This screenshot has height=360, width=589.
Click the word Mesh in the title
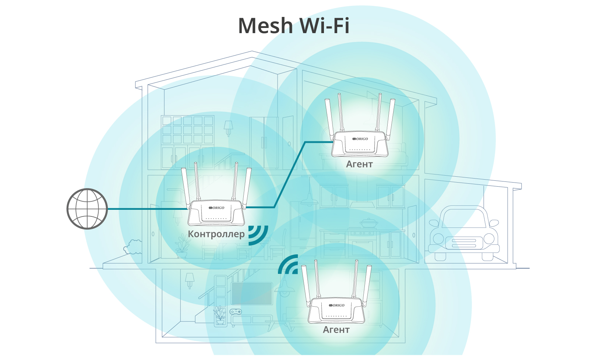coord(265,26)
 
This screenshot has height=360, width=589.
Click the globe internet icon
coord(87,209)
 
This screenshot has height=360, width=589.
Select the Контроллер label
coord(216,234)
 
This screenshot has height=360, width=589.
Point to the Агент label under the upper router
coord(359,164)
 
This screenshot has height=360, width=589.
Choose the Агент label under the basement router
coord(336,330)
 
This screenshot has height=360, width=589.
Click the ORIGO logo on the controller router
coord(216,208)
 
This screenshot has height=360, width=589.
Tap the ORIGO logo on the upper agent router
coord(360,139)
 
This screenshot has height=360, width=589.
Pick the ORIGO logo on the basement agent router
coord(336,305)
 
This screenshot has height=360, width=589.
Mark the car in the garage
coord(463,234)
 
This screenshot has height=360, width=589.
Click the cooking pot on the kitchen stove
coord(367,223)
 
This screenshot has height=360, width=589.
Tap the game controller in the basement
coord(236,312)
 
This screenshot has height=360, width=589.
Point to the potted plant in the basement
coord(220,316)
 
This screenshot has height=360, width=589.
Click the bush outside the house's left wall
coord(133,247)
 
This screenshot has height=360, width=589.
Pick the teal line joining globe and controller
coord(147,209)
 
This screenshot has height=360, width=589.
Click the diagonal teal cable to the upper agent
coord(290,174)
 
